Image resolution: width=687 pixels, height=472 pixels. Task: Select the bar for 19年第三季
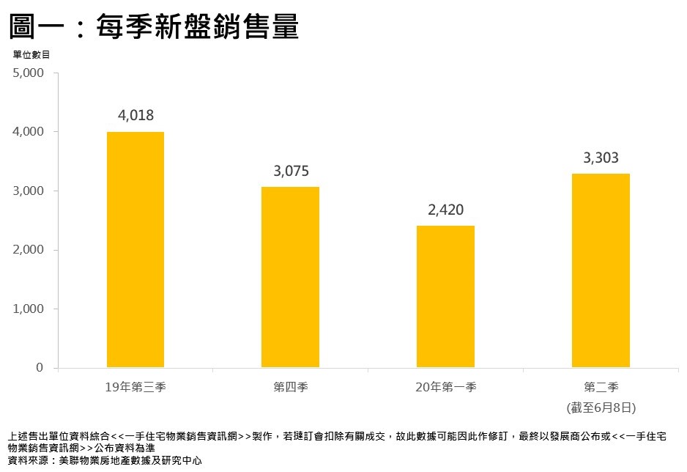(135, 249)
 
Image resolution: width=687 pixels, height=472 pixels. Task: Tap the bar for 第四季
(290, 277)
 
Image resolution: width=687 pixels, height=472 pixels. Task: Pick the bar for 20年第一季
(445, 296)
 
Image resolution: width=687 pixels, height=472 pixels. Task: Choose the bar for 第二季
(601, 270)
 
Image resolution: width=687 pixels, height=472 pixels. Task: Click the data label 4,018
(135, 115)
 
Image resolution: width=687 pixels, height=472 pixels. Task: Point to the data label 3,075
(291, 172)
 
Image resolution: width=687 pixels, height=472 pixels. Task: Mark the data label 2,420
(445, 210)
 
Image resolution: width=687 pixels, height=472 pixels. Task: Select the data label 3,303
(601, 157)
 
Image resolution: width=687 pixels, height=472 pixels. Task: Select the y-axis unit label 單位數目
(31, 54)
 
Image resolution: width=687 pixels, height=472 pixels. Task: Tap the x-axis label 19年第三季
(135, 386)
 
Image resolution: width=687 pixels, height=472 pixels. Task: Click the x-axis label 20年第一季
(445, 386)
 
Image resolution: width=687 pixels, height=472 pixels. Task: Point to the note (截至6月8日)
(601, 406)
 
